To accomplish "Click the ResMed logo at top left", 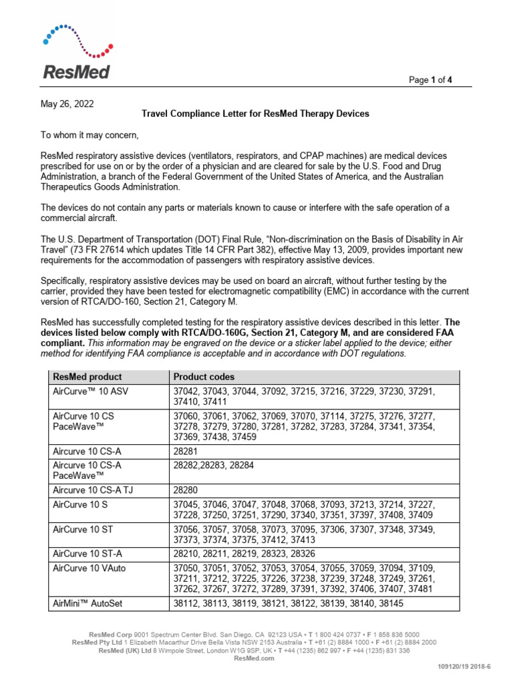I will (76, 53).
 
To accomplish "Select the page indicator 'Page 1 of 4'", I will (430, 80).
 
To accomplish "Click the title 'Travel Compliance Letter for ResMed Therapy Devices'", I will (255, 114).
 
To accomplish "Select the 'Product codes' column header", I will (204, 377).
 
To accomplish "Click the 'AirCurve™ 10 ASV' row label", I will (90, 391).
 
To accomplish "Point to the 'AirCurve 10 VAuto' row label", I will (89, 568).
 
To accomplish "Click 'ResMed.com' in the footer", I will (254, 658).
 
